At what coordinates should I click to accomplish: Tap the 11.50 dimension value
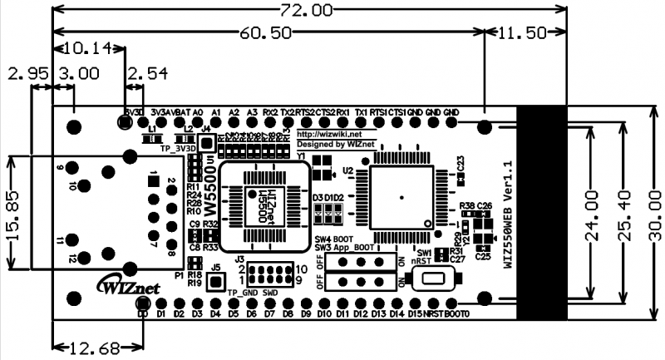click(525, 33)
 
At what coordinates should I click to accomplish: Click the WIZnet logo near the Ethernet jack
click(124, 284)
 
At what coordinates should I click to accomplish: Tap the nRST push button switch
click(436, 279)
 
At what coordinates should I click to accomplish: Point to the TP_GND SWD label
click(254, 293)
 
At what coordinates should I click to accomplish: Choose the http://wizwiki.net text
click(330, 133)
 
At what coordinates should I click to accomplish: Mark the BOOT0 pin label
click(457, 314)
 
